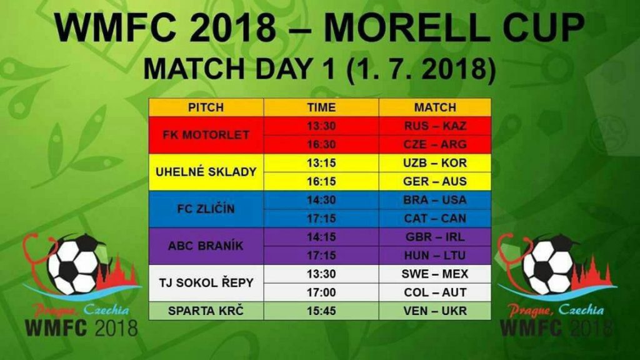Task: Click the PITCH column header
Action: pos(206,107)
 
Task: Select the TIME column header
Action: pos(321,107)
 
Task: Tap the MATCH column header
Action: pos(435,107)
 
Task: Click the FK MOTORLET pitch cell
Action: pos(206,135)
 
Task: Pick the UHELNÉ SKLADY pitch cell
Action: pos(206,172)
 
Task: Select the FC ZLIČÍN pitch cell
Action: pos(206,209)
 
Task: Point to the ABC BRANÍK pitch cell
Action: pos(206,246)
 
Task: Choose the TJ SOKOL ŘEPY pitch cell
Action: pos(206,283)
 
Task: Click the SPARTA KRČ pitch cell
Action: pos(206,311)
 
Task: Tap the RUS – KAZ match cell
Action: pos(435,126)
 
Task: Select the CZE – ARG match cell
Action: pos(435,144)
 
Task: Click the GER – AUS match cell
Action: pos(435,181)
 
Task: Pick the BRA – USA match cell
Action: pos(435,200)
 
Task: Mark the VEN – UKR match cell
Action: pos(435,311)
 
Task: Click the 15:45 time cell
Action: pos(321,311)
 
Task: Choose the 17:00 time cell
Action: pos(321,292)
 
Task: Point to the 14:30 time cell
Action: pos(321,200)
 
